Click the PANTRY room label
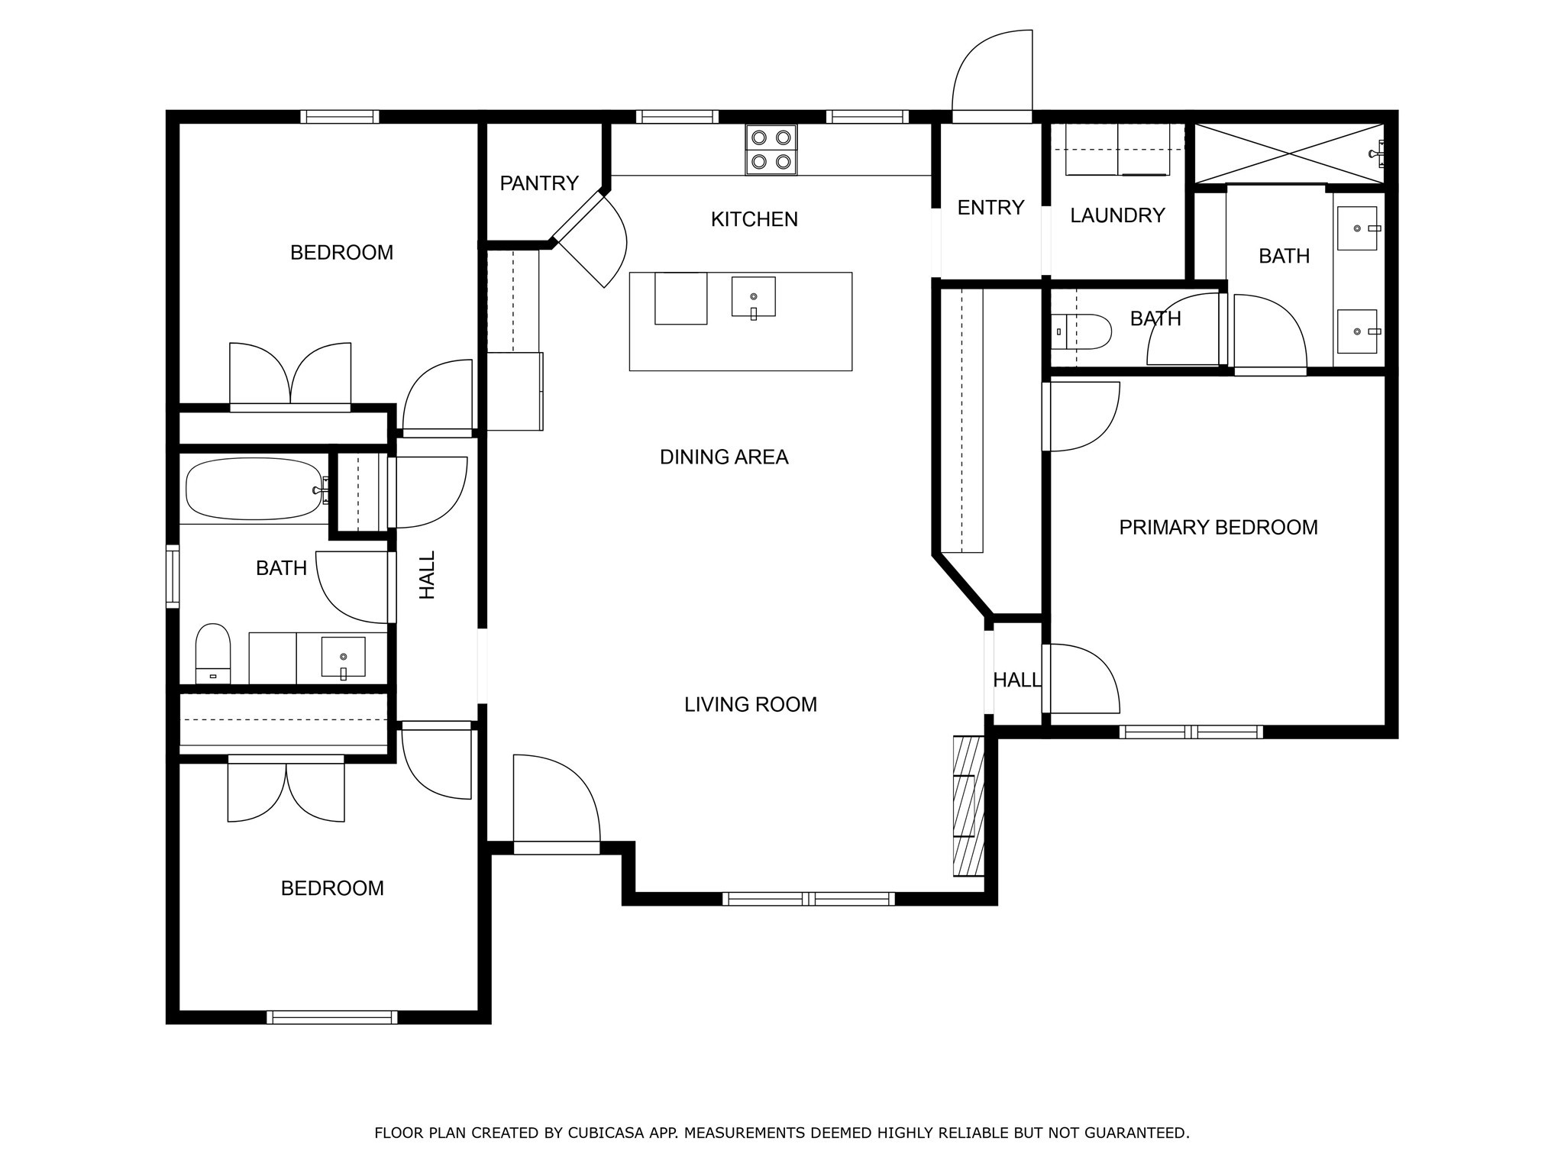539,183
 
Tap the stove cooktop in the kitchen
771,150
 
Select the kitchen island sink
753,297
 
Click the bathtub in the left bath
254,489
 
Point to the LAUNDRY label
1117,215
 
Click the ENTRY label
990,207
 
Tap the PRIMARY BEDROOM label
1218,527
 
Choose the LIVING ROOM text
751,704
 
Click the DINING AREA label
724,457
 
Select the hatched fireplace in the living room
968,806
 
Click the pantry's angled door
589,240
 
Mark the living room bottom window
808,899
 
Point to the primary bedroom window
1191,732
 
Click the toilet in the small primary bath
1081,331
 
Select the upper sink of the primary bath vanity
1357,228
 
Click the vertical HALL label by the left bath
428,575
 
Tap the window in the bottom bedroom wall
332,1017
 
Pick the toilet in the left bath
213,654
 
